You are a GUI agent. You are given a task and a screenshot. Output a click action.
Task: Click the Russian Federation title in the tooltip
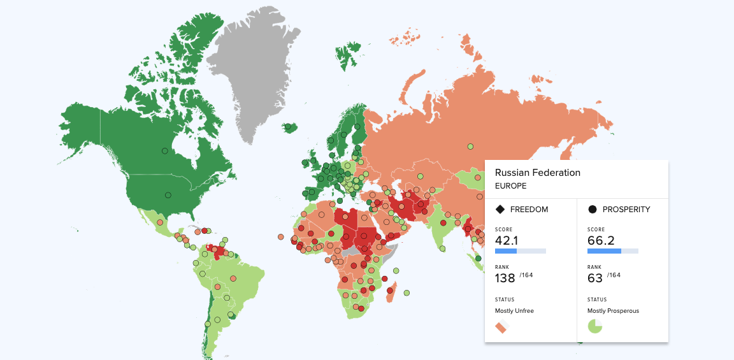click(537, 173)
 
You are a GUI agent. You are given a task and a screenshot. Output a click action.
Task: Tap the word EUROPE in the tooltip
click(510, 186)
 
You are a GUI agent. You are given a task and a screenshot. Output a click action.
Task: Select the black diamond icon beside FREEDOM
click(500, 209)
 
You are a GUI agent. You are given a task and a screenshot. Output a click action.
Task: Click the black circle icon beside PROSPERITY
click(593, 209)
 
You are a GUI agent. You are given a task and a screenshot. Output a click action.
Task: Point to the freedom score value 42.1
click(507, 240)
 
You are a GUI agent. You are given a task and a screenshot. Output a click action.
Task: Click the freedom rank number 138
click(505, 278)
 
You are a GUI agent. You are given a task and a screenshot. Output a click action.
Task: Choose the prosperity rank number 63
click(595, 278)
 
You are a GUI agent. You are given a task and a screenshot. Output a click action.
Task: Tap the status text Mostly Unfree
click(514, 311)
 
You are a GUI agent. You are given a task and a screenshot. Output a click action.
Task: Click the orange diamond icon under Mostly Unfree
click(501, 328)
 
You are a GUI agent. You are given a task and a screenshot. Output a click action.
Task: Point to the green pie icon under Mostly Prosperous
click(594, 327)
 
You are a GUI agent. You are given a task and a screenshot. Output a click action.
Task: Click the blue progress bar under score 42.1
click(506, 251)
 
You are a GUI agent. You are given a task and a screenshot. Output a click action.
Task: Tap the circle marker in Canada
click(164, 151)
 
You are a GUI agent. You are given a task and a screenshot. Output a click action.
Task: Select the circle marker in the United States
click(168, 195)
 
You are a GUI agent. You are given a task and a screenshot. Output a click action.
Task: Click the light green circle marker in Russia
click(470, 147)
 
